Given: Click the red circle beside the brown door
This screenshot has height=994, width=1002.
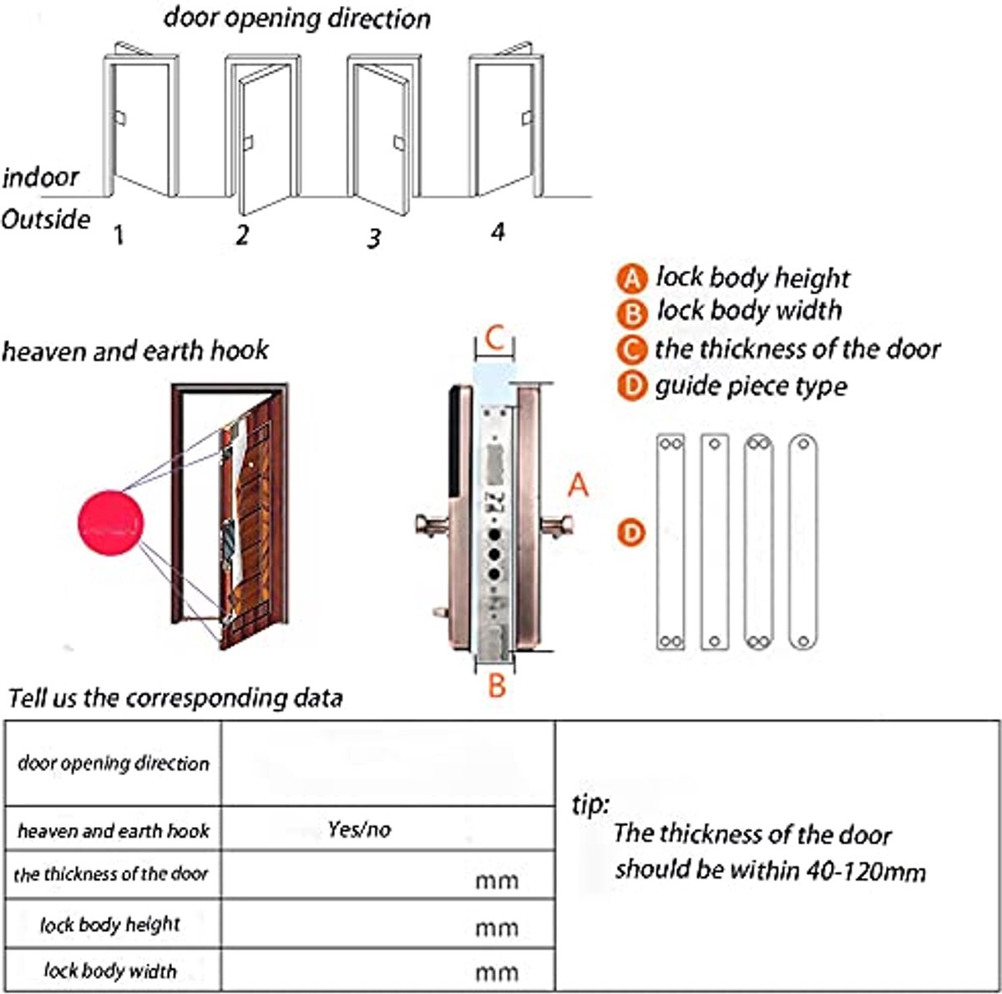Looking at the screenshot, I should click(110, 523).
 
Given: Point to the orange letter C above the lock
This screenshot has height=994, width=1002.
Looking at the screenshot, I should click(494, 339).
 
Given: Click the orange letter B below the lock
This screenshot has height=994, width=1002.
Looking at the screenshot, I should click(497, 686).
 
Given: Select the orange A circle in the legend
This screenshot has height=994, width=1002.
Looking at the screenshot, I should click(632, 279).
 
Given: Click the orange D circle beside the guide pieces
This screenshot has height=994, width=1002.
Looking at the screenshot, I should click(632, 532).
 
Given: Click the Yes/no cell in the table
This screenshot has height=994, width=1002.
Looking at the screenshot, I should click(359, 829).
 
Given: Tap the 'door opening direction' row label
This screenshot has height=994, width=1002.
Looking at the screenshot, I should click(114, 763).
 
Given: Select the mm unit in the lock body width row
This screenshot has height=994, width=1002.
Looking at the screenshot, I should click(497, 971).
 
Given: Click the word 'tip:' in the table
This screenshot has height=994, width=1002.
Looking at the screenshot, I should click(590, 804).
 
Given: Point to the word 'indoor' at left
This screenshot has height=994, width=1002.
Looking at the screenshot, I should click(40, 177).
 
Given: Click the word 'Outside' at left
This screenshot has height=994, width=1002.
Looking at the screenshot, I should click(45, 220).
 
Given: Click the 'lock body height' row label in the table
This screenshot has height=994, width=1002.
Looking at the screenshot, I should click(110, 925).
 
